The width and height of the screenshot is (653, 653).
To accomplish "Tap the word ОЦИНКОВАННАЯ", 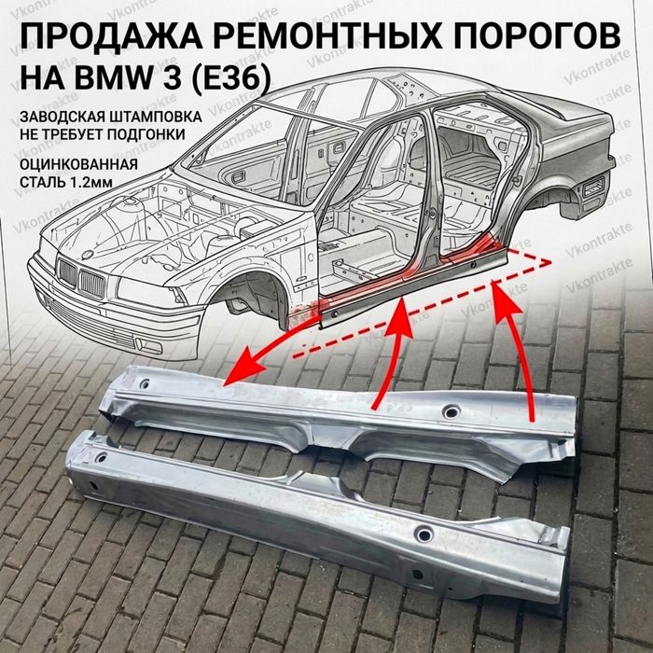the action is [78, 164].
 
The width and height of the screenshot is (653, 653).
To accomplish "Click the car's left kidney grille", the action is [67, 273].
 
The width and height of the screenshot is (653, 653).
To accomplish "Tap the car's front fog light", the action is [148, 346].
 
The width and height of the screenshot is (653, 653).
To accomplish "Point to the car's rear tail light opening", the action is [593, 187].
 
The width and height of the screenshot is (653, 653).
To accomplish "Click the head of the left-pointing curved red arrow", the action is [246, 367].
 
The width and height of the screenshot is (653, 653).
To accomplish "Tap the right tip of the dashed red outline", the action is [551, 262].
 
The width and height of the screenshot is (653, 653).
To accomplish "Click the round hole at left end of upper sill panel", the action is [144, 383].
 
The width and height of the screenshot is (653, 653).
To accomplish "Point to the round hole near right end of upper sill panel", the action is [451, 412].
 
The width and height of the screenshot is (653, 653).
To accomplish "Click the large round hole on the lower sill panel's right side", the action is [424, 535].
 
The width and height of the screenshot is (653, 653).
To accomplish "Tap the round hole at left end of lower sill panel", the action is [101, 458].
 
